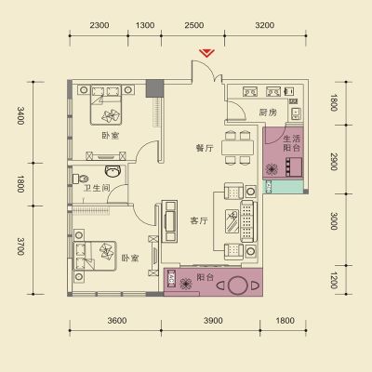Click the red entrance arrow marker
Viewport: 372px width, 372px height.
pyautogui.click(x=206, y=53)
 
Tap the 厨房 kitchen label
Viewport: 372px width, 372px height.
pyautogui.click(x=268, y=113)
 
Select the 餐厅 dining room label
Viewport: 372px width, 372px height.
pyautogui.click(x=205, y=148)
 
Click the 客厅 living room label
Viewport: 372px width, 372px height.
pyautogui.click(x=199, y=220)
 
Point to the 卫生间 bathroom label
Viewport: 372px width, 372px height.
pyautogui.click(x=97, y=188)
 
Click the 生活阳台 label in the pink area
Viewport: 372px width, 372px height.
pyautogui.click(x=292, y=143)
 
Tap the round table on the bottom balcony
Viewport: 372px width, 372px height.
pyautogui.click(x=238, y=286)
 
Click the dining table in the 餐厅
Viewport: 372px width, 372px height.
pyautogui.click(x=238, y=148)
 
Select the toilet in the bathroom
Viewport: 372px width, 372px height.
pyautogui.click(x=81, y=179)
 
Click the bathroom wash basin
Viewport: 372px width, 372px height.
pyautogui.click(x=113, y=171)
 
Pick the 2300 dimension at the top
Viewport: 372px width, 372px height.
pyautogui.click(x=100, y=25)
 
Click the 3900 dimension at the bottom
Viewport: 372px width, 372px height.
pyautogui.click(x=213, y=320)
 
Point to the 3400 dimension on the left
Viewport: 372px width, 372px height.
pyautogui.click(x=20, y=115)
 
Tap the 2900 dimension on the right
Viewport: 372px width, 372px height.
pyautogui.click(x=334, y=162)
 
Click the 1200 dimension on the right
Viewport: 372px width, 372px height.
pyautogui.click(x=334, y=280)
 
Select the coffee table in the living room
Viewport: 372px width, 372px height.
pyautogui.click(x=232, y=220)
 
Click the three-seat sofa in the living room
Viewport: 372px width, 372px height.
pyautogui.click(x=249, y=220)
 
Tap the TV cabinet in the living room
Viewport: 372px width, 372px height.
pyautogui.click(x=169, y=221)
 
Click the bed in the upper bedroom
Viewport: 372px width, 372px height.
pyautogui.click(x=106, y=105)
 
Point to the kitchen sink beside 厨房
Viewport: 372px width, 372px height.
pyautogui.click(x=296, y=113)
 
